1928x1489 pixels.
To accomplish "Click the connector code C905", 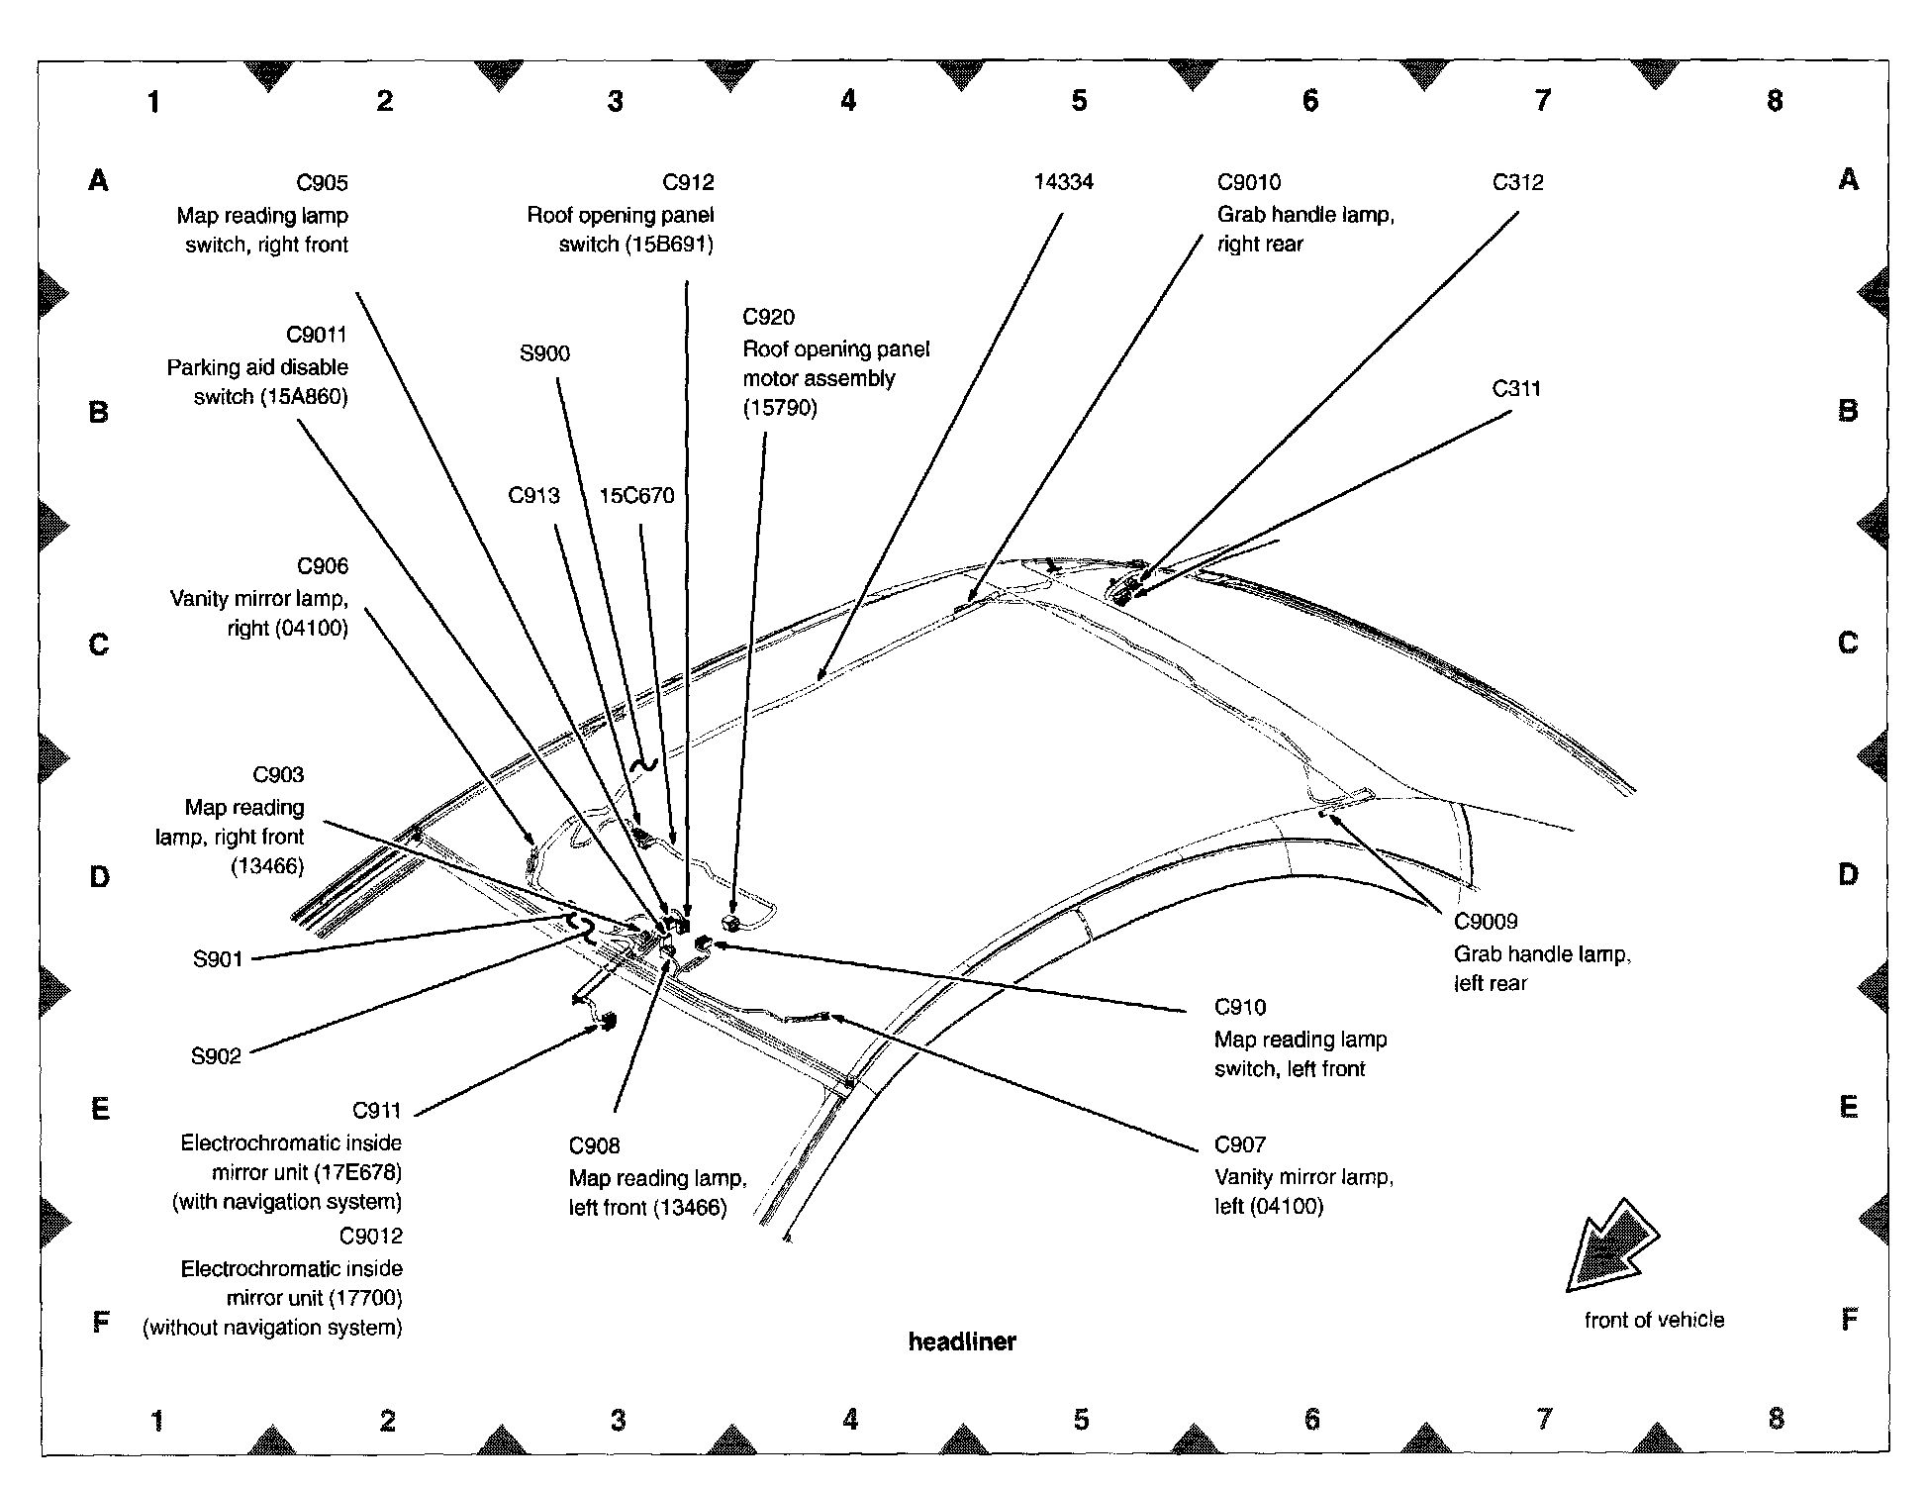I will pyautogui.click(x=322, y=183).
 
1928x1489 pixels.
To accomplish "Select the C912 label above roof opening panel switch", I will pyautogui.click(x=688, y=182).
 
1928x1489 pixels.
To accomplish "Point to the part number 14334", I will pyautogui.click(x=1063, y=182).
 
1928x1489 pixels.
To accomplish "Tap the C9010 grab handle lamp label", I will pyautogui.click(x=1248, y=183).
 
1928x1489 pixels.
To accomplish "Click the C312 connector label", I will pyautogui.click(x=1517, y=183).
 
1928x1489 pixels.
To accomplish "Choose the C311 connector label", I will pyautogui.click(x=1516, y=389).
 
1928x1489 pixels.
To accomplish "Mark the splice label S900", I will pyautogui.click(x=544, y=354).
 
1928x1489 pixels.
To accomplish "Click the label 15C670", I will pyautogui.click(x=636, y=496).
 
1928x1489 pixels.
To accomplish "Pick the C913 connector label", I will pyautogui.click(x=533, y=496).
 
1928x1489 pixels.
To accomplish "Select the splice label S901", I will pyautogui.click(x=218, y=958).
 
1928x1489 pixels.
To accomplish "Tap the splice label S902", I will pyautogui.click(x=216, y=1056).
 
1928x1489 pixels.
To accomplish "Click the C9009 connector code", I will pyautogui.click(x=1485, y=922).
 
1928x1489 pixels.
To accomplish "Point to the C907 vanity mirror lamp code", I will pyautogui.click(x=1239, y=1145).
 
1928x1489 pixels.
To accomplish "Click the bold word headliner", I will pyautogui.click(x=962, y=1341).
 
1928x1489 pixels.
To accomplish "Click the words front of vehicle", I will pyautogui.click(x=1654, y=1320).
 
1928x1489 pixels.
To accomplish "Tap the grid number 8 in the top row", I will pyautogui.click(x=1775, y=101).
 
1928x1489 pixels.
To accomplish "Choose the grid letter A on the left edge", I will pyautogui.click(x=99, y=180).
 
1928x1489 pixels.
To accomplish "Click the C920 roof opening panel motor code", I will pyautogui.click(x=768, y=318).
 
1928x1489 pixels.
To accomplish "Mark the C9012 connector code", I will pyautogui.click(x=370, y=1237).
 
